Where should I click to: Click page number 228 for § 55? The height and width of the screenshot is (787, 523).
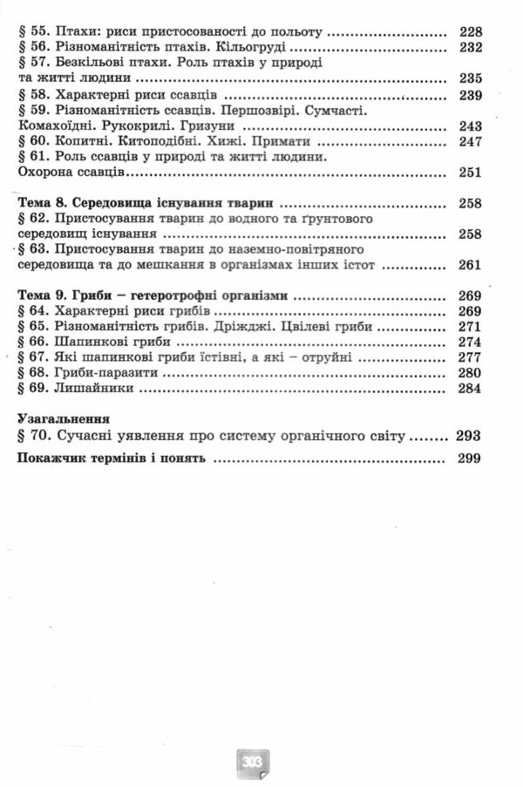tap(468, 31)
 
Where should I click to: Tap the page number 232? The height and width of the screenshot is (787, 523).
tap(468, 48)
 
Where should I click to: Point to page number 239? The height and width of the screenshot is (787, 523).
tap(468, 95)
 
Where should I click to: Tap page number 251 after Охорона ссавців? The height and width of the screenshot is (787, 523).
tap(468, 173)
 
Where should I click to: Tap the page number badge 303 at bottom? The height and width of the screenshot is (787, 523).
tap(253, 761)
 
